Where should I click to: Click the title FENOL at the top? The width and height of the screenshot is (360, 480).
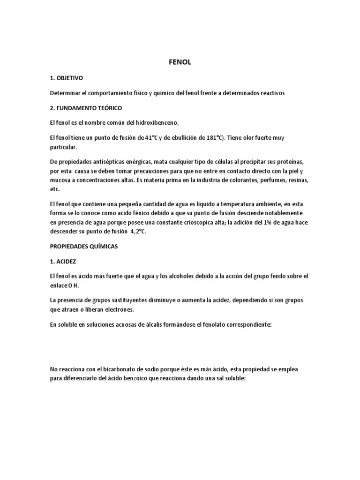point(180,61)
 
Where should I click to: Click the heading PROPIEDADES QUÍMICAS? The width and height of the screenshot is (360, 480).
point(85,246)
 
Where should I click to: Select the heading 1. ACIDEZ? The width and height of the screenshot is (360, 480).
point(64,261)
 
